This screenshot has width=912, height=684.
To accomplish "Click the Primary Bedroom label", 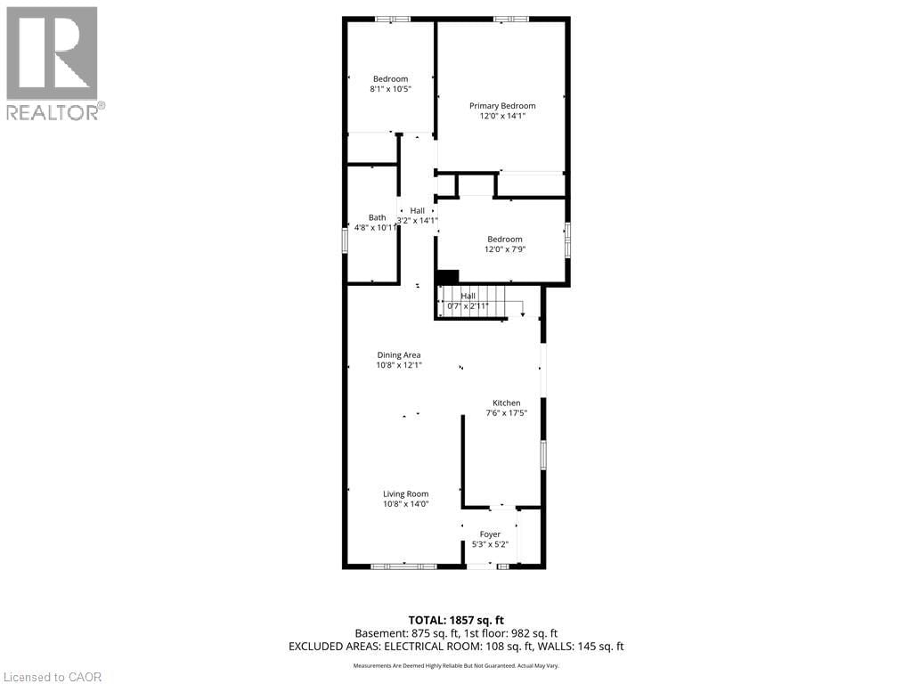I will (x=502, y=105).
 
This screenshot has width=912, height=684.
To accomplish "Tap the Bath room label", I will (x=378, y=217).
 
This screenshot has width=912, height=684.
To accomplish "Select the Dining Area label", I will (x=399, y=354).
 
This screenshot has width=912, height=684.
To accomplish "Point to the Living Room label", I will (x=406, y=494).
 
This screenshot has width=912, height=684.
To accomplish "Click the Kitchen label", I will (x=507, y=403).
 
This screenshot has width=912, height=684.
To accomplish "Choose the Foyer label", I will (x=490, y=534).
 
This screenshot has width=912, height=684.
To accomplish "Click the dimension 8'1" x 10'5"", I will (x=390, y=89).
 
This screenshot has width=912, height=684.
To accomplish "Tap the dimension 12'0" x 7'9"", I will (x=504, y=249).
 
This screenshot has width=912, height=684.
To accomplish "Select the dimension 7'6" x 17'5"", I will (x=507, y=413).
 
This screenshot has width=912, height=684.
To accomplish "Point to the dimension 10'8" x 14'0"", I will (x=406, y=504).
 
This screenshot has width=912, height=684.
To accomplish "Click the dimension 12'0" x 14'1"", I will (x=502, y=116).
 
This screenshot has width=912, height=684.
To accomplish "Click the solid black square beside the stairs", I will (x=447, y=277).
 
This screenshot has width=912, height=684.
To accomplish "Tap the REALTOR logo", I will (x=53, y=62).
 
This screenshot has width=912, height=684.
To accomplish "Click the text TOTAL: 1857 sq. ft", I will (x=456, y=621).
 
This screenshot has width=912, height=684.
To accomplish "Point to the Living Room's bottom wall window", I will (x=403, y=566).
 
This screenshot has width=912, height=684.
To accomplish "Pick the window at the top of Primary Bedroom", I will (x=511, y=19).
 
